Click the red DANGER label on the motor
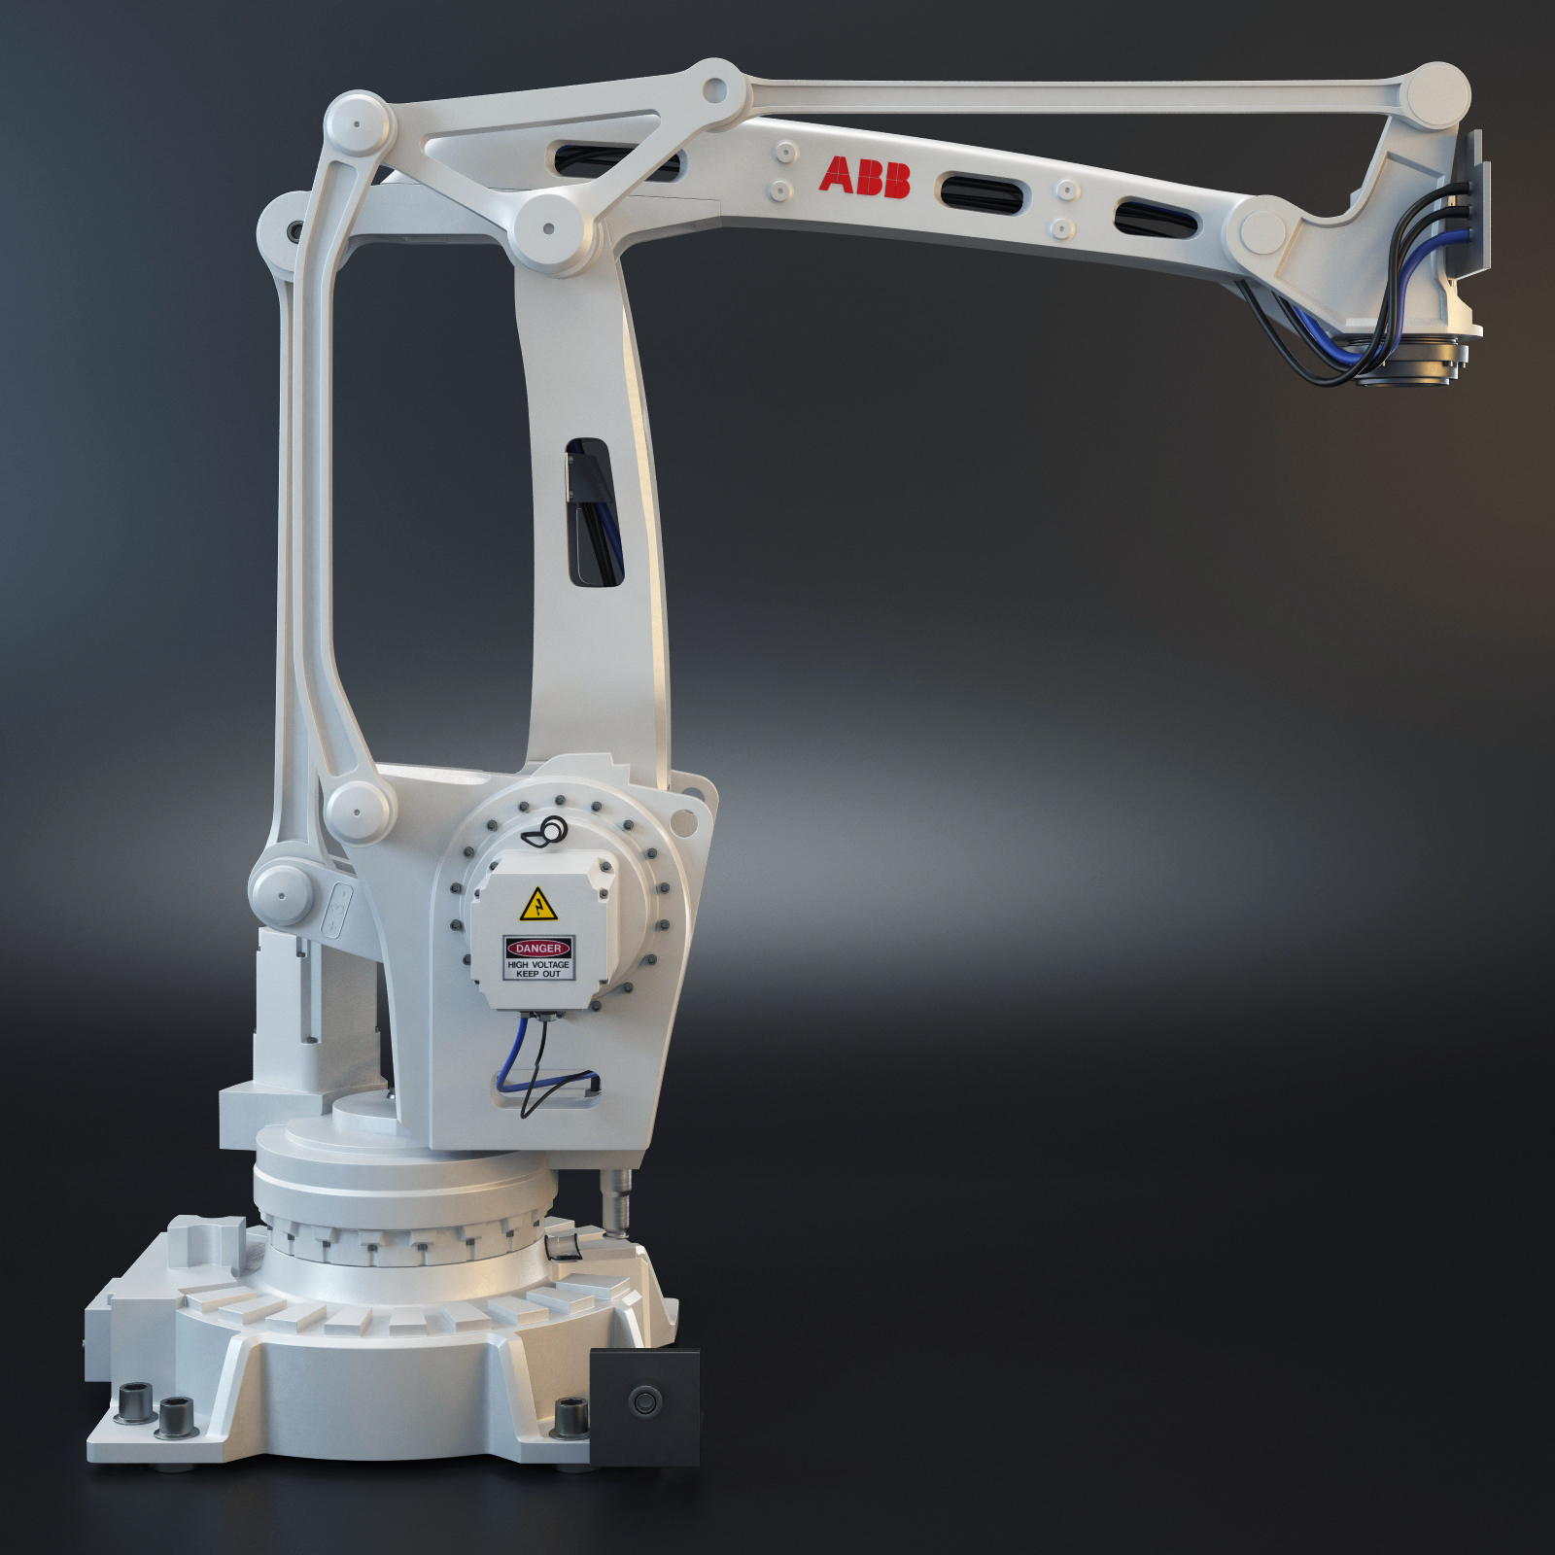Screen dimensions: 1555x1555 (x=538, y=947)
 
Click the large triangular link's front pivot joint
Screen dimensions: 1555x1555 (x=551, y=229)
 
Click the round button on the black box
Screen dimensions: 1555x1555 (x=642, y=1400)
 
